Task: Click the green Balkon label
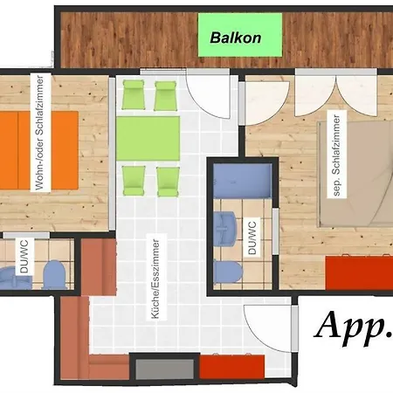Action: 240,35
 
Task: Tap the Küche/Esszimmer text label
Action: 156,279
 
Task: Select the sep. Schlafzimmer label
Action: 337,155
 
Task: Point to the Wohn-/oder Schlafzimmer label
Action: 39,133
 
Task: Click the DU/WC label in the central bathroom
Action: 252,238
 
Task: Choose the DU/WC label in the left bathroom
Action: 24,257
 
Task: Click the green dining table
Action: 148,138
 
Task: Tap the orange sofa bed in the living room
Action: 39,150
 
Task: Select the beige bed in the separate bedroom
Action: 355,174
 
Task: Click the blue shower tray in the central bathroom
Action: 242,181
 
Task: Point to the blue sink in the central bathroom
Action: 224,229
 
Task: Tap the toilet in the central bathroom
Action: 227,272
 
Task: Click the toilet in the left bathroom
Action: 54,274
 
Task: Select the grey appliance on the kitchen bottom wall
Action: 165,369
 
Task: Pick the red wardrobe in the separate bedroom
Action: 359,272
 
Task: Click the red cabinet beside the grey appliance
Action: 232,366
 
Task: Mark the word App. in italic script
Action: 354,326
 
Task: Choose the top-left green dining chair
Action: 134,95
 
